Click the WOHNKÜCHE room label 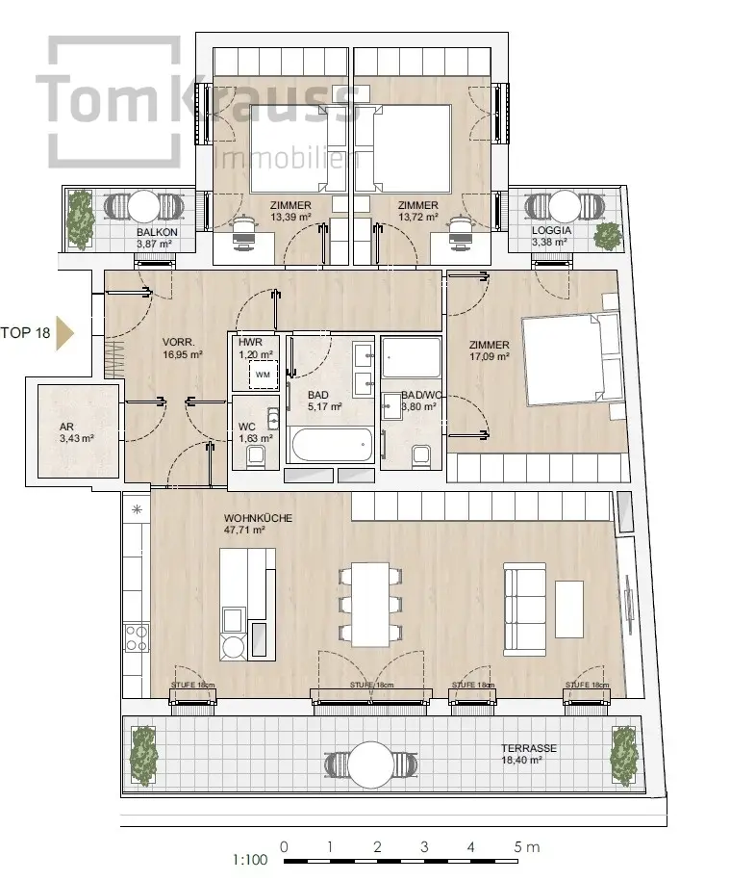(258, 518)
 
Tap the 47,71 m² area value (244, 530)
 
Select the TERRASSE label (529, 748)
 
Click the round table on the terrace (371, 764)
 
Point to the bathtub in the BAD (332, 445)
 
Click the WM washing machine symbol (263, 375)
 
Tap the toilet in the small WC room (257, 456)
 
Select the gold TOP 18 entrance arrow (64, 333)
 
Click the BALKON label (157, 232)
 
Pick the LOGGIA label (551, 230)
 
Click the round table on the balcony (143, 207)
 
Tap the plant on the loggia (608, 236)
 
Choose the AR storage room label (66, 427)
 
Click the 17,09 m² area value (490, 356)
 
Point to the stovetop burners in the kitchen (137, 637)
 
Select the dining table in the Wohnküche (371, 604)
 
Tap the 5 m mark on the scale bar (526, 846)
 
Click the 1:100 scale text (250, 860)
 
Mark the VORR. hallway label (179, 342)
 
